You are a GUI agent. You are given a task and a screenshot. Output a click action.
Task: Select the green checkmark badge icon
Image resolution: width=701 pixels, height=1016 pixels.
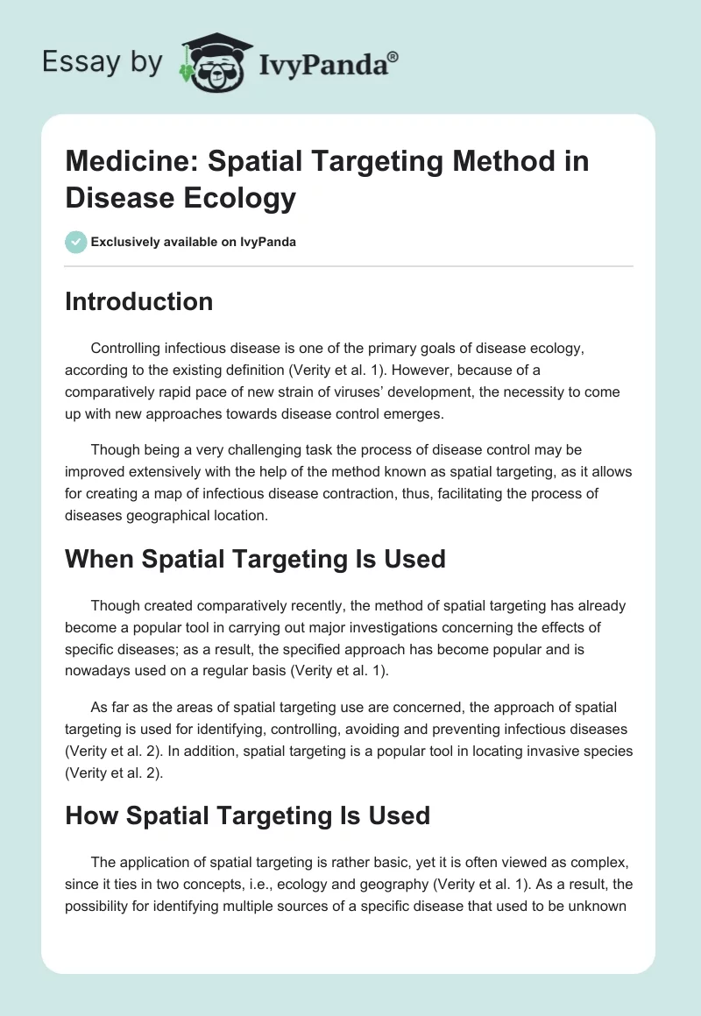pyautogui.click(x=76, y=242)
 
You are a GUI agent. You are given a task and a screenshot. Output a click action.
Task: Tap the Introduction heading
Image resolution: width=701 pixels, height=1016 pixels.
pyautogui.click(x=138, y=301)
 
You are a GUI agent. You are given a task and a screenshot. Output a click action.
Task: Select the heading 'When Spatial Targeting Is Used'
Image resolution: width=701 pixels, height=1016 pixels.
pyautogui.click(x=255, y=558)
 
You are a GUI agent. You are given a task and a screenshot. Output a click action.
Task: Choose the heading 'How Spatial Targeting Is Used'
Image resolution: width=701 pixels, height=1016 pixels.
pyautogui.click(x=247, y=815)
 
